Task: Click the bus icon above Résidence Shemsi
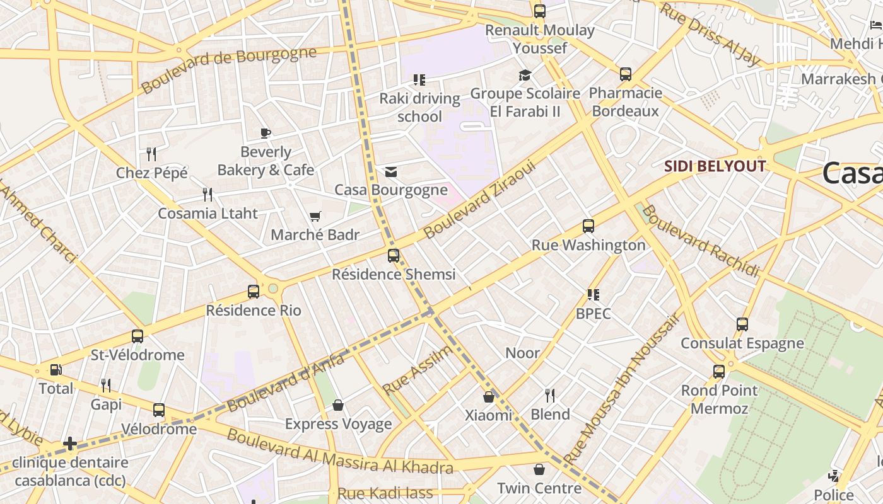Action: [394, 256]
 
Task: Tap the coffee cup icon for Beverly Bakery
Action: [266, 133]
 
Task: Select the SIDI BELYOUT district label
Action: [715, 166]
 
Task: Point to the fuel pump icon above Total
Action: [56, 370]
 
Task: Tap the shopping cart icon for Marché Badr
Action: [315, 217]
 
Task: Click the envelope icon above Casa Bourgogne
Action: [391, 172]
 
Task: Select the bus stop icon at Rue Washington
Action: [588, 226]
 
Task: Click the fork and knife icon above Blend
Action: [550, 396]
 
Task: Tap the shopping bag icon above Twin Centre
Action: [539, 469]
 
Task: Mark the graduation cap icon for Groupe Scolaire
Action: [525, 76]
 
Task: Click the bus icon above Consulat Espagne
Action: [742, 324]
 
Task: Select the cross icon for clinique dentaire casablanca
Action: [70, 444]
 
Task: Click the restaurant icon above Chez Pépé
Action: [151, 154]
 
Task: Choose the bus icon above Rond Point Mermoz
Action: [719, 372]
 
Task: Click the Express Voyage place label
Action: [338, 424]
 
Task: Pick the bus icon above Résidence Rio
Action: [254, 292]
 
